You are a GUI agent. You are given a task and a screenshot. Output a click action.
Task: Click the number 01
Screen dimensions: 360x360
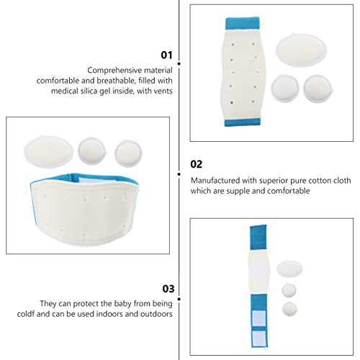click(x=167, y=54)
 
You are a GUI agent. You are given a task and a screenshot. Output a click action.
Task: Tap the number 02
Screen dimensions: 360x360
click(x=197, y=163)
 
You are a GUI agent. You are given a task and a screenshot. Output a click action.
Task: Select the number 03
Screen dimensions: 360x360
click(x=168, y=289)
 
